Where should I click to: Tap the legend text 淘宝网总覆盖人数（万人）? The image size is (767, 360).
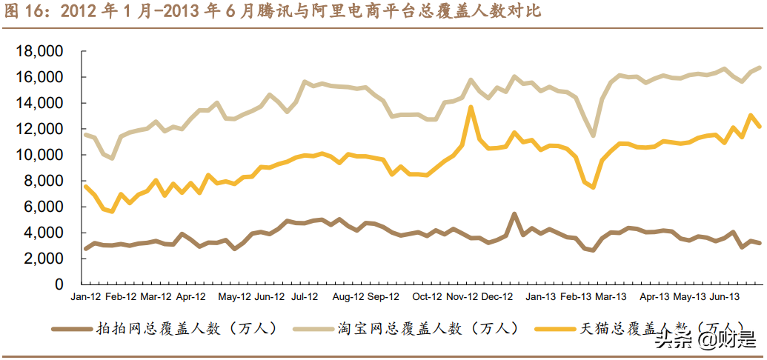click(428, 307)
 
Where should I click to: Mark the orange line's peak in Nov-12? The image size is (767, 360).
click(471, 107)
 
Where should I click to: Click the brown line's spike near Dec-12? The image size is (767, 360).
click(514, 214)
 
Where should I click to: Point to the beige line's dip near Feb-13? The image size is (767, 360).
click(593, 136)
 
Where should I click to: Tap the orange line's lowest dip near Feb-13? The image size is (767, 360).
click(593, 187)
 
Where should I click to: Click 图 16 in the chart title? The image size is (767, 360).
click(21, 12)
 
